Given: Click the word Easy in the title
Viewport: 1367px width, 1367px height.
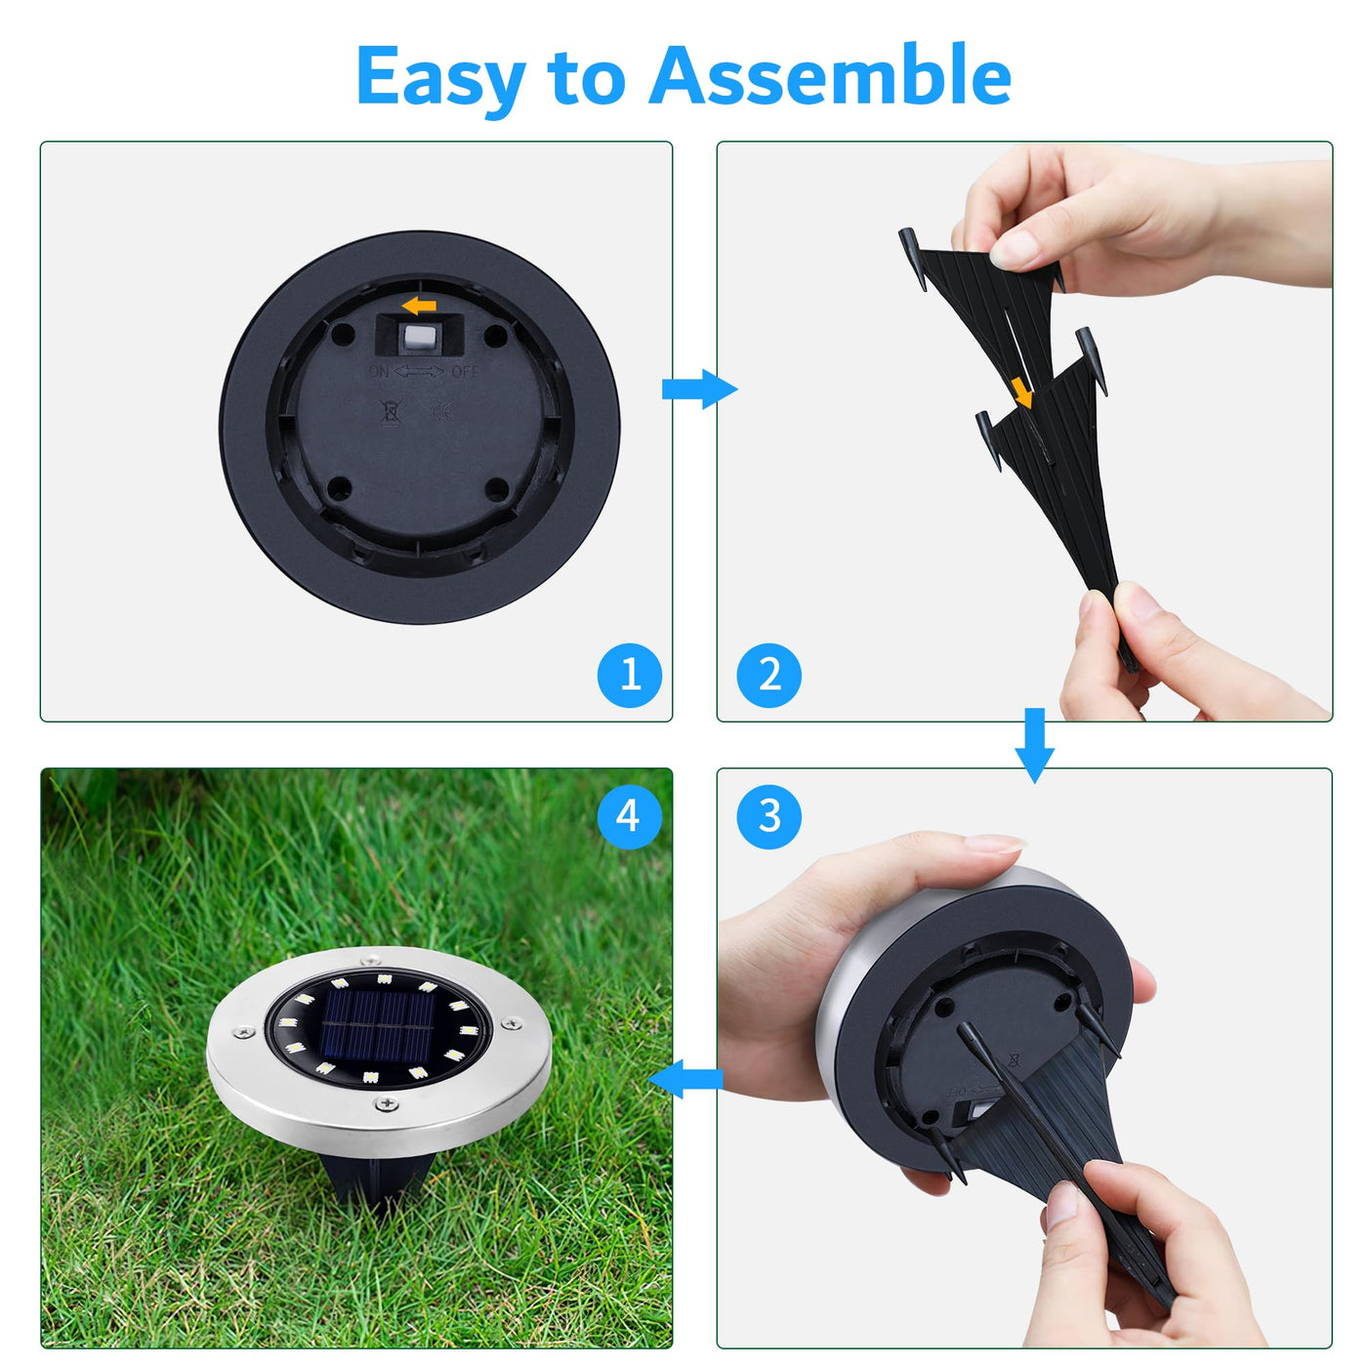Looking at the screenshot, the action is pos(440,76).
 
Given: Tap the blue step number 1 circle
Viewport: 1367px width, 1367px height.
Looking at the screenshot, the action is pos(629,675).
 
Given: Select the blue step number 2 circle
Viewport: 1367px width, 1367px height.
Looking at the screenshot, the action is pos(769,675).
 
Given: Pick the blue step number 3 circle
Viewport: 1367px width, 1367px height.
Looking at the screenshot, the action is pos(769,816).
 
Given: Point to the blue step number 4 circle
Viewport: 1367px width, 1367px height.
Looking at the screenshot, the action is pos(629,816).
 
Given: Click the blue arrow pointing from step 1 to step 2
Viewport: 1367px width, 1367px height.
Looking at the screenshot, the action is pos(699,389).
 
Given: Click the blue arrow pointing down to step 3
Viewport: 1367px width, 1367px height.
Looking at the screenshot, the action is pos(1034,746).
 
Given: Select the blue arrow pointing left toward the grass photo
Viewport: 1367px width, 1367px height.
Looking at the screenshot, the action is pos(685,1079).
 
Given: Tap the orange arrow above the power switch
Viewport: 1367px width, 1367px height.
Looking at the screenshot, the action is pos(419,306).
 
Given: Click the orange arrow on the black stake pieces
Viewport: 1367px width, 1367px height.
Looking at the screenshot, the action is pos(1022,393).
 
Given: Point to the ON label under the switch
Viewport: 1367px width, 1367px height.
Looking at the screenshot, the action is pos(378,371).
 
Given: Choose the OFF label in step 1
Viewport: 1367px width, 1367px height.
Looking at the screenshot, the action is pos(465,371).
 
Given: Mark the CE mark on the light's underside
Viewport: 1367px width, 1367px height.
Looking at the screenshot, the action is pos(441,411).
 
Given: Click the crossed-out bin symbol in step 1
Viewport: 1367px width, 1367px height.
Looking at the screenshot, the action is pos(391,412).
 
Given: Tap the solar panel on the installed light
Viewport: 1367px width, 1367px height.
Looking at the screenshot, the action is pos(378,1025).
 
